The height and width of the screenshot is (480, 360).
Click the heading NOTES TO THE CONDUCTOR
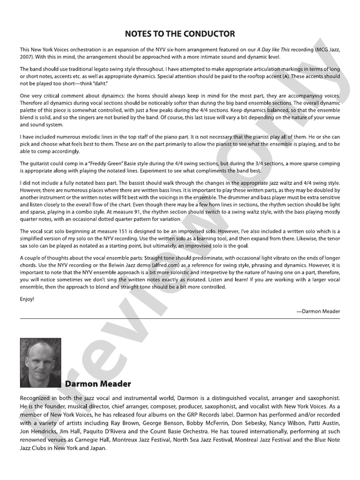180,34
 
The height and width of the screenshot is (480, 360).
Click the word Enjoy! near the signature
27,299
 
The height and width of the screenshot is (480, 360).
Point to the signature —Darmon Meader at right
318,311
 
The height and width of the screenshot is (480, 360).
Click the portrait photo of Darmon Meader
41,362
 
